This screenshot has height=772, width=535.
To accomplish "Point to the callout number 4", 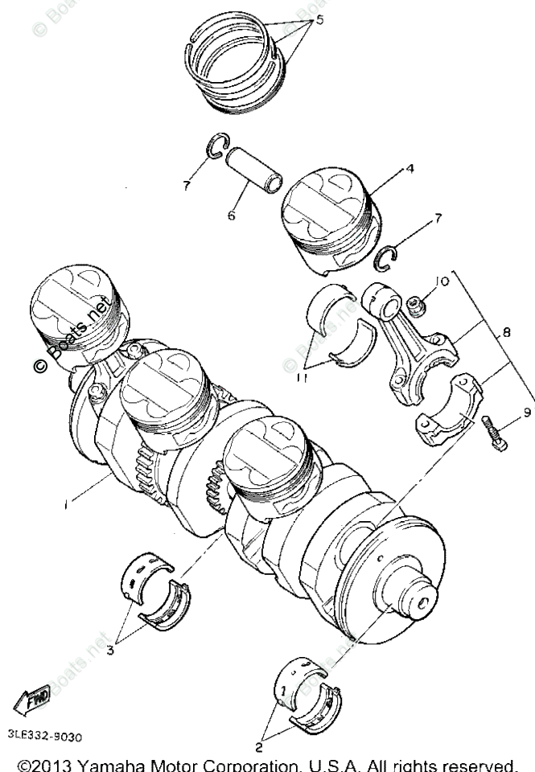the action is coord(409,170).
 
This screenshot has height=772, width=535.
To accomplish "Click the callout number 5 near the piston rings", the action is coord(319,20).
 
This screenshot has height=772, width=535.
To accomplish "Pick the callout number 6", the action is coord(231,216).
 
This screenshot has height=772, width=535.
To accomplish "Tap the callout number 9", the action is coord(527,413).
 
